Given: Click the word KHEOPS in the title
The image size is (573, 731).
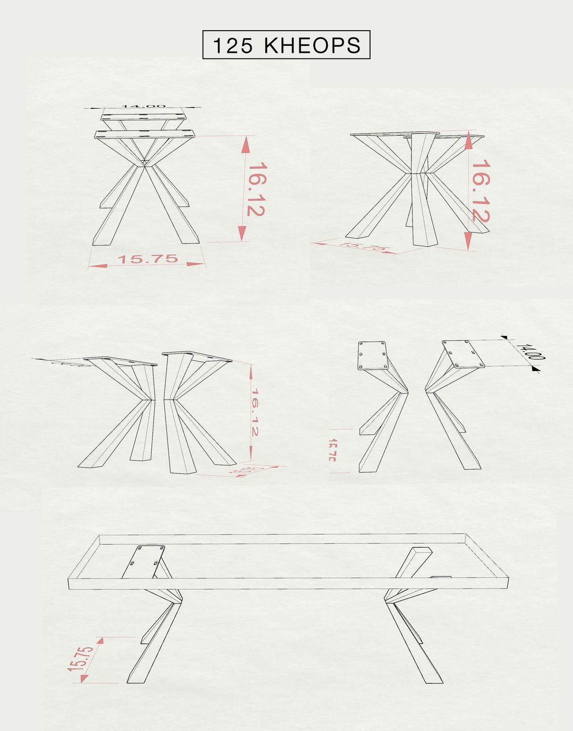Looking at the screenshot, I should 312,46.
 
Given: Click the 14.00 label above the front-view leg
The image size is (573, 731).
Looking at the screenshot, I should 143,106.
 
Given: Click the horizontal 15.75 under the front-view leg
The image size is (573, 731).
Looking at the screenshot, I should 147,259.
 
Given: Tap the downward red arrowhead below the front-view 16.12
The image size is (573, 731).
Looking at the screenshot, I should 243,233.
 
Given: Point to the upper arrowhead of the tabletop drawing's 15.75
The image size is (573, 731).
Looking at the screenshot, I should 100,640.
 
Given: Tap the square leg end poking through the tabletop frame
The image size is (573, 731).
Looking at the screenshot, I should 421,552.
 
